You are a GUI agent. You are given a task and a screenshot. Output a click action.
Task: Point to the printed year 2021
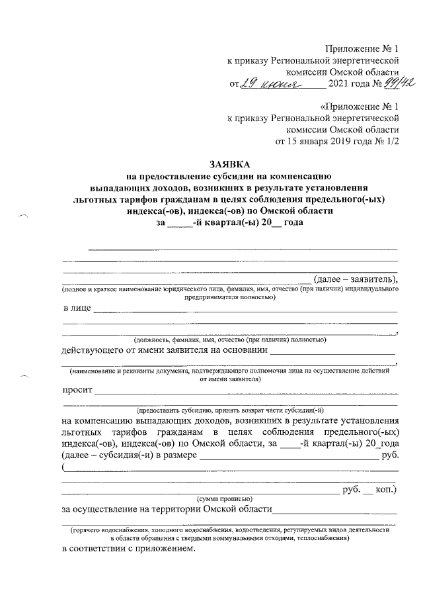(338, 85)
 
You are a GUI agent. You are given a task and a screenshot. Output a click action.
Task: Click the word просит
(77, 390)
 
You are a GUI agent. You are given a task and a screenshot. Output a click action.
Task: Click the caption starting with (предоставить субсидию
(229, 409)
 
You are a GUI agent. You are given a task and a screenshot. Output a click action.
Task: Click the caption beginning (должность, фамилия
(229, 340)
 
